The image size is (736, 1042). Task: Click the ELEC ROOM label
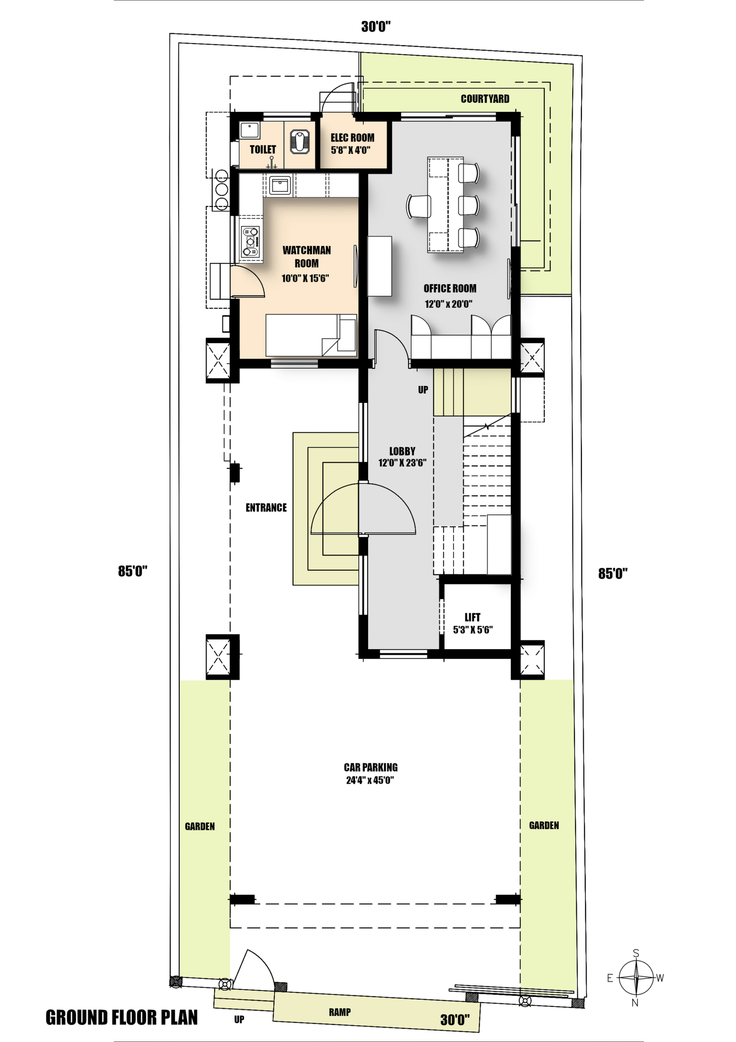(x=352, y=138)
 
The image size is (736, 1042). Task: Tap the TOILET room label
(x=263, y=150)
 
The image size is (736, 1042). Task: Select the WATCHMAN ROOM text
(x=306, y=257)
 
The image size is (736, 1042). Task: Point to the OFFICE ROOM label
(x=450, y=289)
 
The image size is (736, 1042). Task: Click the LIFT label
(x=472, y=617)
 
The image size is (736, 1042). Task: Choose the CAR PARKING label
(x=371, y=768)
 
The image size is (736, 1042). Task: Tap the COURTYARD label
(x=485, y=99)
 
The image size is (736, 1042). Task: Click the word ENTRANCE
(x=266, y=508)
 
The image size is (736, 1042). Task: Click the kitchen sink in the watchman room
(x=280, y=186)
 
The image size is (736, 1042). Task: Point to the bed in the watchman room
(x=311, y=335)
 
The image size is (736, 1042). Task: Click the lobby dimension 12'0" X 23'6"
(x=402, y=463)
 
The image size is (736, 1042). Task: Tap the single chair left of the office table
(x=419, y=206)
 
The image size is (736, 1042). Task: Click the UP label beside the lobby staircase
(x=423, y=390)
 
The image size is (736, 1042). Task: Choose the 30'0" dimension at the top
(x=376, y=27)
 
